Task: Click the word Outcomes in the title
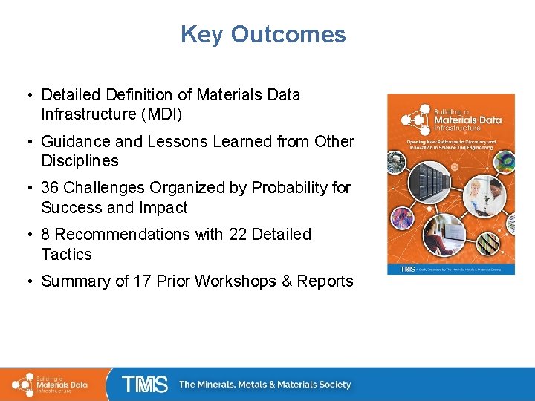[288, 35]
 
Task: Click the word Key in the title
[202, 35]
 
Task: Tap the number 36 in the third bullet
[51, 188]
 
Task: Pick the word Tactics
[66, 255]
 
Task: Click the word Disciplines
[80, 161]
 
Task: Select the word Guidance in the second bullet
[72, 141]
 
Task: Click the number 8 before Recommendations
[46, 235]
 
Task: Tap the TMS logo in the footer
[144, 384]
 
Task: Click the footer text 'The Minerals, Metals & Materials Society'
[265, 385]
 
